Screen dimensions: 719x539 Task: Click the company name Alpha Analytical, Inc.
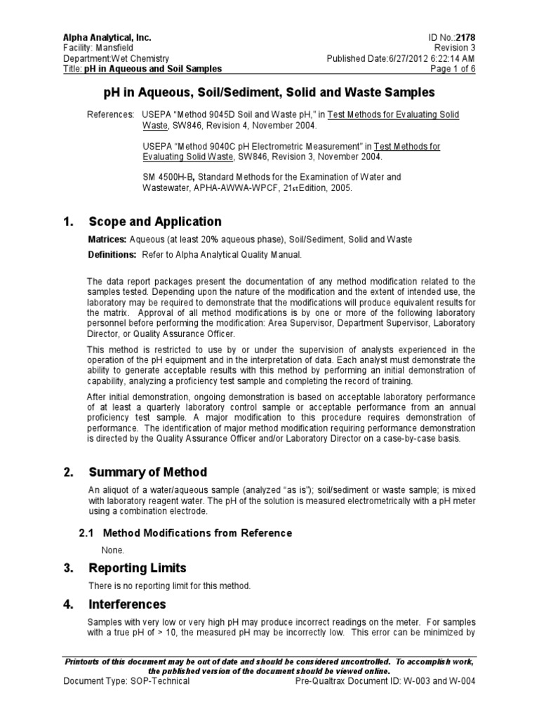(x=107, y=37)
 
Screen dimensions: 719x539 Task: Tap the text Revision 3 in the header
(x=460, y=48)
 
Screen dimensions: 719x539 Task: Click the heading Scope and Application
(x=154, y=222)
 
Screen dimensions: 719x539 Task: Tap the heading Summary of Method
(x=147, y=472)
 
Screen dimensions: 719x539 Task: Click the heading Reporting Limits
(x=137, y=567)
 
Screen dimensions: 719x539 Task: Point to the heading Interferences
(x=127, y=604)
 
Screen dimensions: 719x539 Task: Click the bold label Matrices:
(x=107, y=239)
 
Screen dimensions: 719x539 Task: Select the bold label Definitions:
(x=112, y=254)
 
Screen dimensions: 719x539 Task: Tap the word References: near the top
(x=110, y=114)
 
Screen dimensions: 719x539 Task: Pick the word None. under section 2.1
(x=113, y=550)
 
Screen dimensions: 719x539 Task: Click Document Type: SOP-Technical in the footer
(x=126, y=681)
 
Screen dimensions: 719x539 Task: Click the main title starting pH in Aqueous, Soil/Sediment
(x=269, y=93)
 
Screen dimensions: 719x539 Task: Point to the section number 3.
(x=68, y=567)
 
